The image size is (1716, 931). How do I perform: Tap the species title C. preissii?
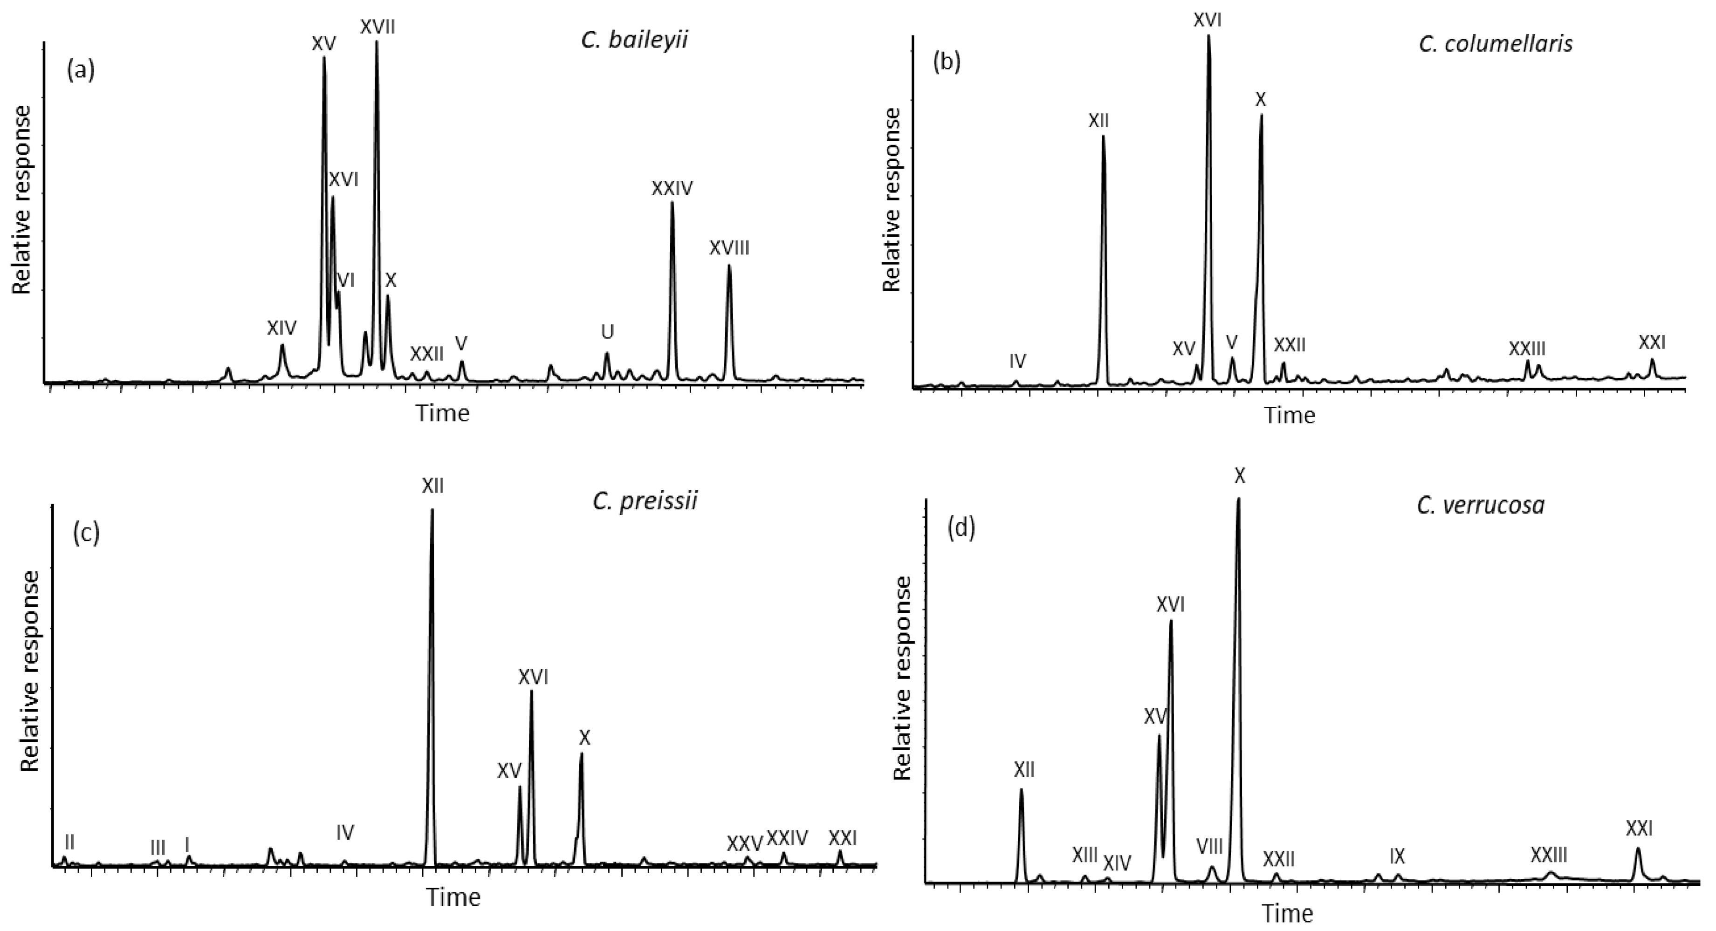645,501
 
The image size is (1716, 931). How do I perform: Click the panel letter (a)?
81,69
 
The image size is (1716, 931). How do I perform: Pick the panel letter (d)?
961,527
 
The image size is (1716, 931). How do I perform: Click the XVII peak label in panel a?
378,27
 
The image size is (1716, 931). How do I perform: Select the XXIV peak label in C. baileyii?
672,189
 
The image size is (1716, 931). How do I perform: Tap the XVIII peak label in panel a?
729,248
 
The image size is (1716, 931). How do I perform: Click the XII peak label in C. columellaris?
1098,121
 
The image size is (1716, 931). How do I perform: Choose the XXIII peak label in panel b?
1527,348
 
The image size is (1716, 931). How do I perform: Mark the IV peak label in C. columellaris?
1017,362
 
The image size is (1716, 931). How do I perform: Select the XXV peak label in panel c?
744,843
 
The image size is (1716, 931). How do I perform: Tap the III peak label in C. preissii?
158,848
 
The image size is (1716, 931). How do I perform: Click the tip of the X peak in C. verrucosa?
1238,498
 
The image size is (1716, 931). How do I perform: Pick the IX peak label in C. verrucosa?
1397,856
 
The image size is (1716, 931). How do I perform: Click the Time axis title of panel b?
1290,416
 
